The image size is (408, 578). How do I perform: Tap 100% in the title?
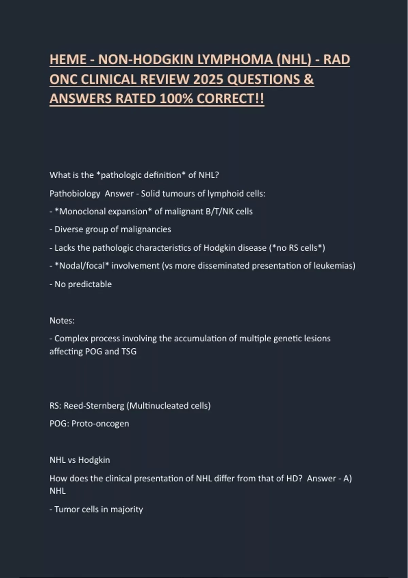(x=176, y=99)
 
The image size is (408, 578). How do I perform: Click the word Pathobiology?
(x=75, y=194)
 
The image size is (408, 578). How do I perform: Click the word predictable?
(x=90, y=284)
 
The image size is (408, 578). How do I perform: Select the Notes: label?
(x=62, y=321)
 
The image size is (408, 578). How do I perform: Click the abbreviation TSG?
(x=129, y=352)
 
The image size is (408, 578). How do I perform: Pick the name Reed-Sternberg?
(x=94, y=406)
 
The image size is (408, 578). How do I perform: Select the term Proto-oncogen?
(x=100, y=424)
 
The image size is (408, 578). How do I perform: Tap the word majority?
(x=126, y=510)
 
